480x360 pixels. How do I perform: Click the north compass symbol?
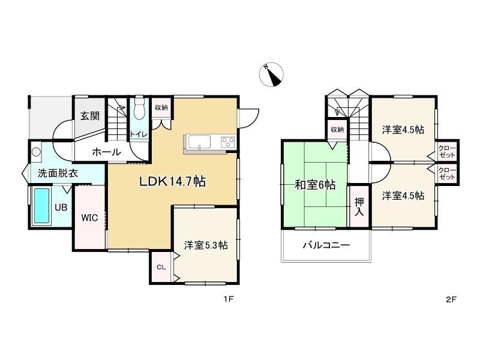tap(271, 74)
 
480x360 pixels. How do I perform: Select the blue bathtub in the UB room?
tap(41, 205)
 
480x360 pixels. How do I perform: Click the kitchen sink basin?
tap(199, 142)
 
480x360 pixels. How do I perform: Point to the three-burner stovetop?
tap(228, 142)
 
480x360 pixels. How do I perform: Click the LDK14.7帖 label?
tap(172, 182)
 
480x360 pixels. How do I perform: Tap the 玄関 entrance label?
tap(90, 116)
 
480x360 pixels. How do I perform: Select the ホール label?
tap(107, 152)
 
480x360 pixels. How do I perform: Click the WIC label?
tap(89, 218)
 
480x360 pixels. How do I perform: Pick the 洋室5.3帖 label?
tap(206, 245)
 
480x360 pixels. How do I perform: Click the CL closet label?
tap(161, 267)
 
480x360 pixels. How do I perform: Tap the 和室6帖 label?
tap(315, 185)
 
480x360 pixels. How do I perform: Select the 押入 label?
tap(359, 206)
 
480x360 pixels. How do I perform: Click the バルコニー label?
tap(326, 245)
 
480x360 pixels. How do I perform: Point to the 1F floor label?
tap(229, 299)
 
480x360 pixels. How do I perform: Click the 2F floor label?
tap(451, 299)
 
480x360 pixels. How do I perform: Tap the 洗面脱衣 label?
tap(58, 173)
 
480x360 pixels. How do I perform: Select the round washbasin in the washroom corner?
tap(37, 152)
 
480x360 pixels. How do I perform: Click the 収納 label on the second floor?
tap(337, 130)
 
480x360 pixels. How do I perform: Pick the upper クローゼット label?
tap(447, 152)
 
